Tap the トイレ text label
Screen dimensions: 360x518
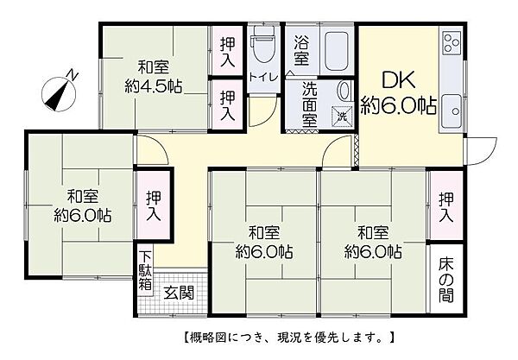262,77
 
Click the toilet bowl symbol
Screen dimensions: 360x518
262,47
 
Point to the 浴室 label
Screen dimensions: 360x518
302,50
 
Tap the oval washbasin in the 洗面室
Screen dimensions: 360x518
344,90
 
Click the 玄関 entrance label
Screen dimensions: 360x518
179,291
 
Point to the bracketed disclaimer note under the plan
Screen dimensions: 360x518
289,335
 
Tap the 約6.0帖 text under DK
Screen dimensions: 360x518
399,107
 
